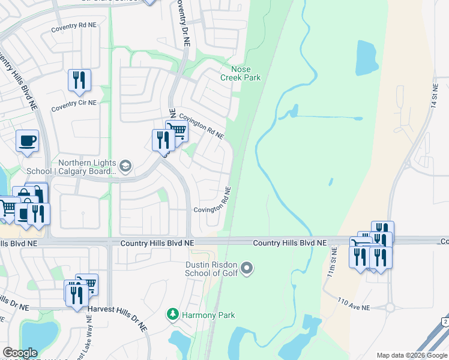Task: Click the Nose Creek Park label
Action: point(241,73)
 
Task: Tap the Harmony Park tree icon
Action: point(173,314)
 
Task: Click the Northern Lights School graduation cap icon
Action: point(125,166)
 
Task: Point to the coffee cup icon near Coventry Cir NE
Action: point(27,141)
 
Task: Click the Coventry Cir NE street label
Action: point(73,103)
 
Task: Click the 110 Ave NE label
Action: point(354,304)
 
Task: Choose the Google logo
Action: point(20,353)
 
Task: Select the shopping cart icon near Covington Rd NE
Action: point(177,130)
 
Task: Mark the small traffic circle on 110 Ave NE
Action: point(390,307)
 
